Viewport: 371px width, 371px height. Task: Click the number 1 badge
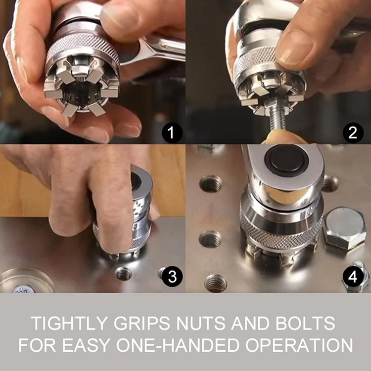(172, 133)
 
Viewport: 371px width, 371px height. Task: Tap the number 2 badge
(353, 133)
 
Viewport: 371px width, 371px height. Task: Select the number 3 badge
(172, 277)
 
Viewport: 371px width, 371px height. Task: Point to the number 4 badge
(353, 277)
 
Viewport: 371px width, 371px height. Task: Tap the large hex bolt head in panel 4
(345, 228)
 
